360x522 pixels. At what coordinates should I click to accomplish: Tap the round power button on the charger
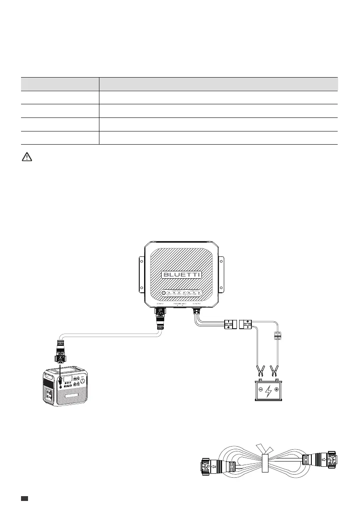tap(163, 293)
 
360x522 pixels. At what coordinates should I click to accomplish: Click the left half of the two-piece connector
tap(229, 325)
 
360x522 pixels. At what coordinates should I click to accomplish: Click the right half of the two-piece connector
tap(246, 325)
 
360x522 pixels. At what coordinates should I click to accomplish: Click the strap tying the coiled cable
tap(265, 463)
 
